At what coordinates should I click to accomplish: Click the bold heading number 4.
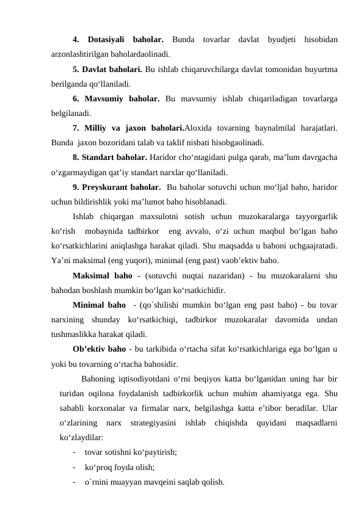[x=75, y=40]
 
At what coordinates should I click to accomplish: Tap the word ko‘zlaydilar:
[x=81, y=438]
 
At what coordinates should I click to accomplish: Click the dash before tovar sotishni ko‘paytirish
[x=74, y=452]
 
